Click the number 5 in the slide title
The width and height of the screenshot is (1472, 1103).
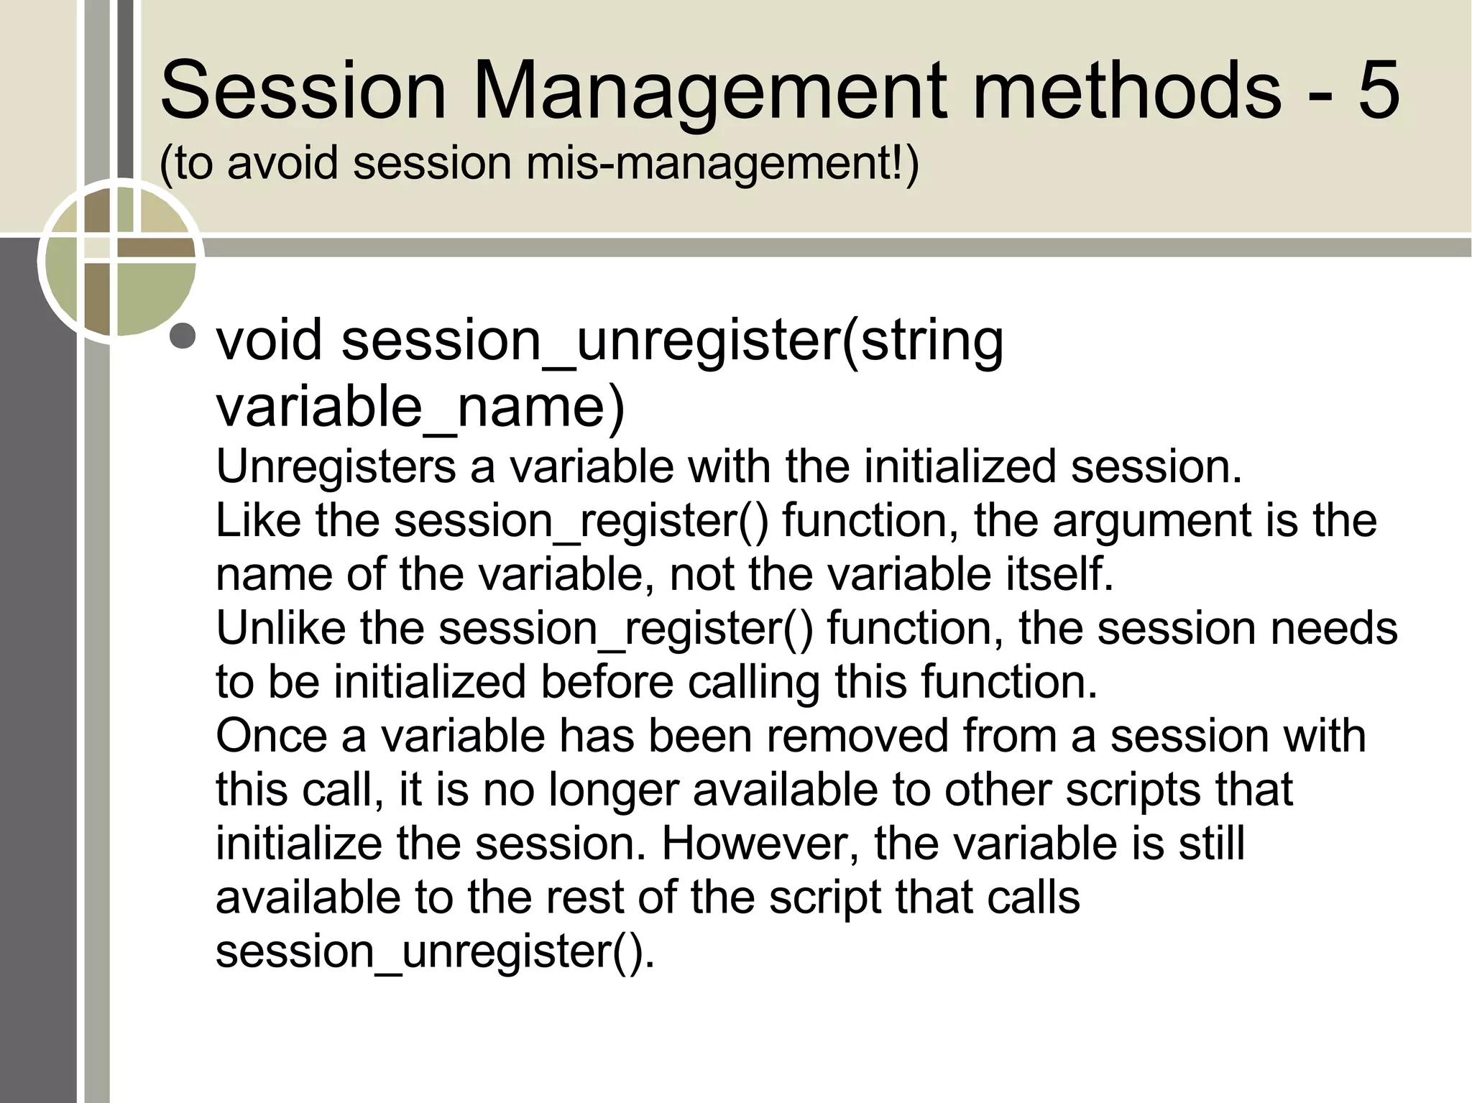click(1379, 91)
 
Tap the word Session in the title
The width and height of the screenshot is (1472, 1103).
click(303, 92)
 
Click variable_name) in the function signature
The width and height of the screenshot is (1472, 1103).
click(420, 407)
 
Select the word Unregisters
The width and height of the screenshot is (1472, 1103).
click(336, 467)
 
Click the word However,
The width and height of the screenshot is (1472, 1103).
click(760, 844)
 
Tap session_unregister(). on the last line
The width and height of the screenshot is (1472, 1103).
click(435, 951)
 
